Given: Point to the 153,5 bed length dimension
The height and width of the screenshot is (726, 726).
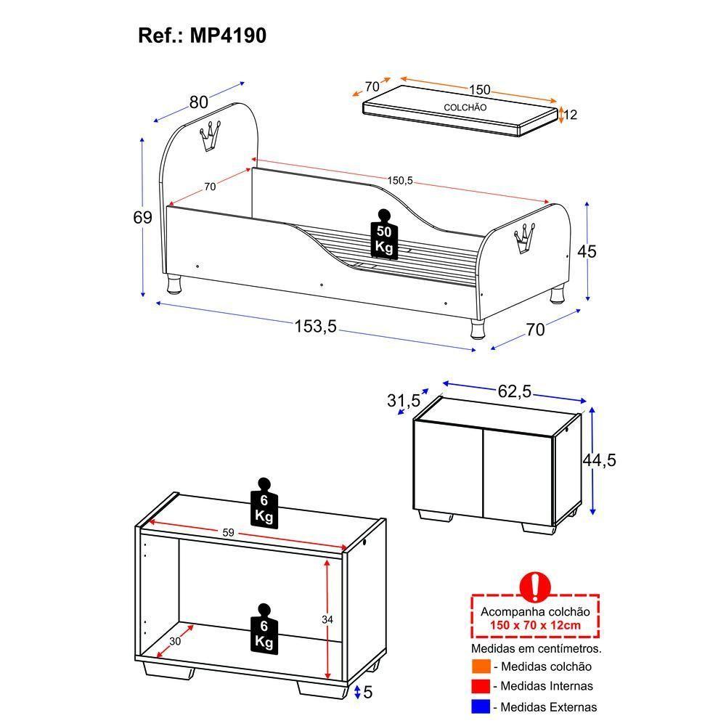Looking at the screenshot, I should click(315, 327).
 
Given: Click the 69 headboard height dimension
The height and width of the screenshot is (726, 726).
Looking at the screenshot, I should click(142, 218).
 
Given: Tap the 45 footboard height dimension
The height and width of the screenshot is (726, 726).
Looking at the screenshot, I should click(586, 252).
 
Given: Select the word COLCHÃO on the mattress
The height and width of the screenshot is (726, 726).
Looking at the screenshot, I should click(465, 107).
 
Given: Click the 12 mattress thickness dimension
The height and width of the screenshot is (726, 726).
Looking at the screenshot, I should click(570, 115).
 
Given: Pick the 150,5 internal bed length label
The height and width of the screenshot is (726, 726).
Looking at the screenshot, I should click(399, 181).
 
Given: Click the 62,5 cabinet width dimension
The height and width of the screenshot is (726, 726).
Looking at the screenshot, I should click(515, 392).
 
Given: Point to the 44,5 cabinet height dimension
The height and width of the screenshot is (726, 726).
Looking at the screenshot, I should click(599, 460).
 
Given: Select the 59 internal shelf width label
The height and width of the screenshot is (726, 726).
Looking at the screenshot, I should click(228, 533).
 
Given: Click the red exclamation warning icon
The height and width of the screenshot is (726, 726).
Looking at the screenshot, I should click(536, 585).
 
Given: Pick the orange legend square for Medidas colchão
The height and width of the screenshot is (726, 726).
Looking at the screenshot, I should click(481, 666).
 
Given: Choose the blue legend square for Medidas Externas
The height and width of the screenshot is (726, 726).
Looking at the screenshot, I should click(481, 706).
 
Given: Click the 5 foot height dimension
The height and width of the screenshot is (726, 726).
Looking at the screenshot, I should click(367, 693).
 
